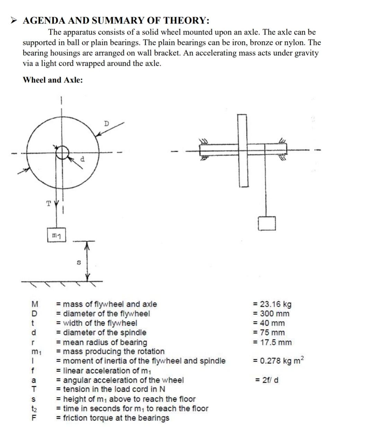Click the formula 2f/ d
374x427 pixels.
click(x=267, y=380)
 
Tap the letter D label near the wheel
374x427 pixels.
click(x=106, y=124)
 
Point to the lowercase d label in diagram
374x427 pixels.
click(x=82, y=159)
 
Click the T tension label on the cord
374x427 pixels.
click(x=49, y=203)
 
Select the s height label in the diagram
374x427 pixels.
click(x=78, y=263)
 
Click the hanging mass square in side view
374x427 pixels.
click(x=267, y=223)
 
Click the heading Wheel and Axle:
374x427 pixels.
click(x=53, y=80)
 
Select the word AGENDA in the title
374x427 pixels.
click(x=44, y=20)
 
